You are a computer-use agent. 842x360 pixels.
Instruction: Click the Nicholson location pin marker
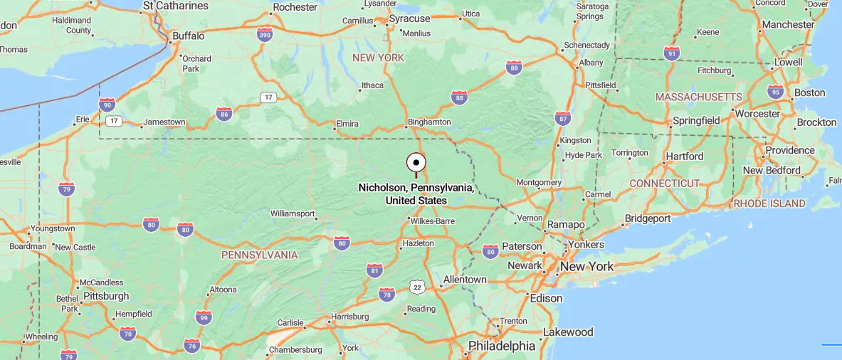(416, 163)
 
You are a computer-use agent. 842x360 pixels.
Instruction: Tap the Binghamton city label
(429, 122)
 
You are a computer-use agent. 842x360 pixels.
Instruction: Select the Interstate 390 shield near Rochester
(265, 34)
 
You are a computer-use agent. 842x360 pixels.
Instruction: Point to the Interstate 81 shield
(375, 270)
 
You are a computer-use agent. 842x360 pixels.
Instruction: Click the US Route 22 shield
(417, 286)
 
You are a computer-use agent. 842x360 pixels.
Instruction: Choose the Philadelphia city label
(501, 346)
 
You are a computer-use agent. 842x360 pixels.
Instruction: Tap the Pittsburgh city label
(106, 295)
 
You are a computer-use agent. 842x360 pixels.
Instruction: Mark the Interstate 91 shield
(671, 53)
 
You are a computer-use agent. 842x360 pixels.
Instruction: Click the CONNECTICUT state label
(665, 183)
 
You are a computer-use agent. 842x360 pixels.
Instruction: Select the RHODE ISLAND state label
(769, 203)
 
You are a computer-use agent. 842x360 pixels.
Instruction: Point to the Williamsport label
(293, 213)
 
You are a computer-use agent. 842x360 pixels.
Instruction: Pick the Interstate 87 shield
(563, 118)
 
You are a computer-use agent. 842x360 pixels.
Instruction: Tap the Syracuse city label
(409, 18)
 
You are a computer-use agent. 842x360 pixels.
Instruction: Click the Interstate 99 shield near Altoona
(204, 317)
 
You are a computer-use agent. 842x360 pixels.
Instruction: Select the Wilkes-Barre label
(432, 221)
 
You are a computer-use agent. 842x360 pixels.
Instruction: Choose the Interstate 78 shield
(386, 294)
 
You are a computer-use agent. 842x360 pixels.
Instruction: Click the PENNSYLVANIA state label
(259, 255)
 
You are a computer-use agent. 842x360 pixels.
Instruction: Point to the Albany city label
(591, 63)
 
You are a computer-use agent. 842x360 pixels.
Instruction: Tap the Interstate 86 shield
(224, 113)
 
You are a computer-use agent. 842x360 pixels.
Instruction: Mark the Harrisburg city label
(349, 316)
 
